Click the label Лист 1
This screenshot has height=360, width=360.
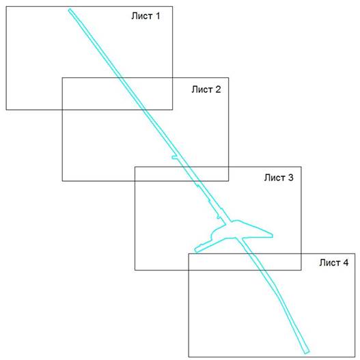(146, 16)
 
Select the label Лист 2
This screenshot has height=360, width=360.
(206, 89)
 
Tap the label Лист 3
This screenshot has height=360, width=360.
(279, 178)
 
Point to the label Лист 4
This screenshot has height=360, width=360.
(334, 262)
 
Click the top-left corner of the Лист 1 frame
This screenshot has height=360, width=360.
(6, 6)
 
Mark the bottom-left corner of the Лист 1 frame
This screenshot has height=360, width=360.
(6, 110)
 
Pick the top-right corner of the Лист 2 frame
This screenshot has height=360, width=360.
(228, 78)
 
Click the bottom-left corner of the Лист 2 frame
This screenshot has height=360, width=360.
(62, 181)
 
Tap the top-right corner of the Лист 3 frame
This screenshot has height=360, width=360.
(301, 167)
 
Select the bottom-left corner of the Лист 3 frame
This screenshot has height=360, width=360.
(135, 270)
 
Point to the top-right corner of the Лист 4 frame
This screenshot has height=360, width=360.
(355, 253)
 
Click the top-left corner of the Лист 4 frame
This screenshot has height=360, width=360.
(189, 253)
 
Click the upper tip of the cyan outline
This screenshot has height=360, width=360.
(70, 9)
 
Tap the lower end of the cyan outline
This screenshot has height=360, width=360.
(307, 352)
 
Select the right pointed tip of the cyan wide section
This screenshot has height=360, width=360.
(273, 236)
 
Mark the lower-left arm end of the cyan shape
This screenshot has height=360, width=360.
(195, 250)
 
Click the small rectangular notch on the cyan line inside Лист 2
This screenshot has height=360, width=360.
(174, 157)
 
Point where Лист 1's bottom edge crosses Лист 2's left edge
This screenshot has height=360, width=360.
(62, 110)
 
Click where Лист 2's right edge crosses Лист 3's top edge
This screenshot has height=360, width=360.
(228, 167)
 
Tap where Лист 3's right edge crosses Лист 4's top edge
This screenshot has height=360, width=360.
(301, 253)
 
